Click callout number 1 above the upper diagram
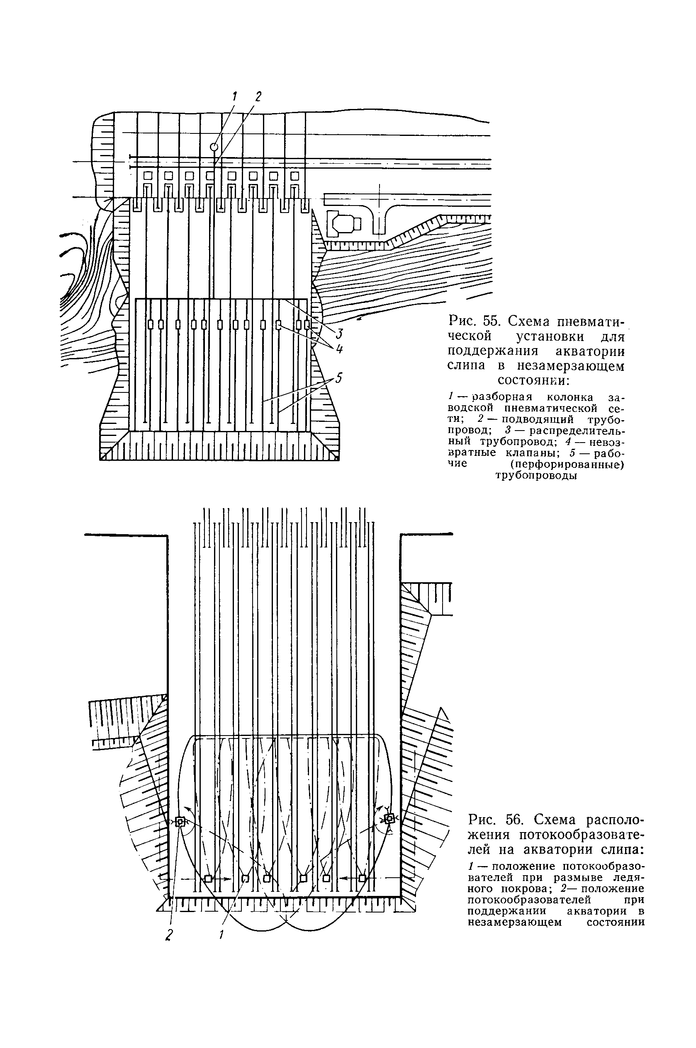pyautogui.click(x=235, y=96)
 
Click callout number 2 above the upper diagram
pyautogui.click(x=258, y=96)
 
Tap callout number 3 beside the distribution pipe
pyautogui.click(x=340, y=333)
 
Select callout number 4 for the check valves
pyautogui.click(x=340, y=349)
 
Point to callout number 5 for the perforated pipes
pyautogui.click(x=339, y=378)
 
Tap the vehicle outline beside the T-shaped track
pyautogui.click(x=343, y=222)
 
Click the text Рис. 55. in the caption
pyautogui.click(x=474, y=321)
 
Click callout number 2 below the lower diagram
pyautogui.click(x=169, y=935)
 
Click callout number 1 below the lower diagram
pyautogui.click(x=221, y=935)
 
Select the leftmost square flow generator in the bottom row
pyautogui.click(x=208, y=879)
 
